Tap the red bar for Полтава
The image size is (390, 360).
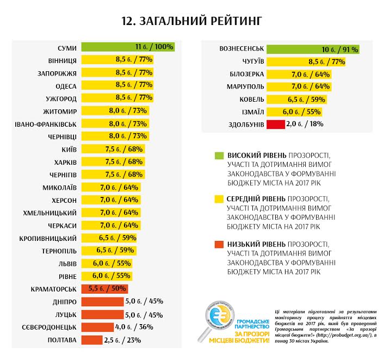[x=91, y=340]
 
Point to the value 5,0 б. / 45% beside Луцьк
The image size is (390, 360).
[x=144, y=314]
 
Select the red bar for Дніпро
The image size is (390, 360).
[x=102, y=301]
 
